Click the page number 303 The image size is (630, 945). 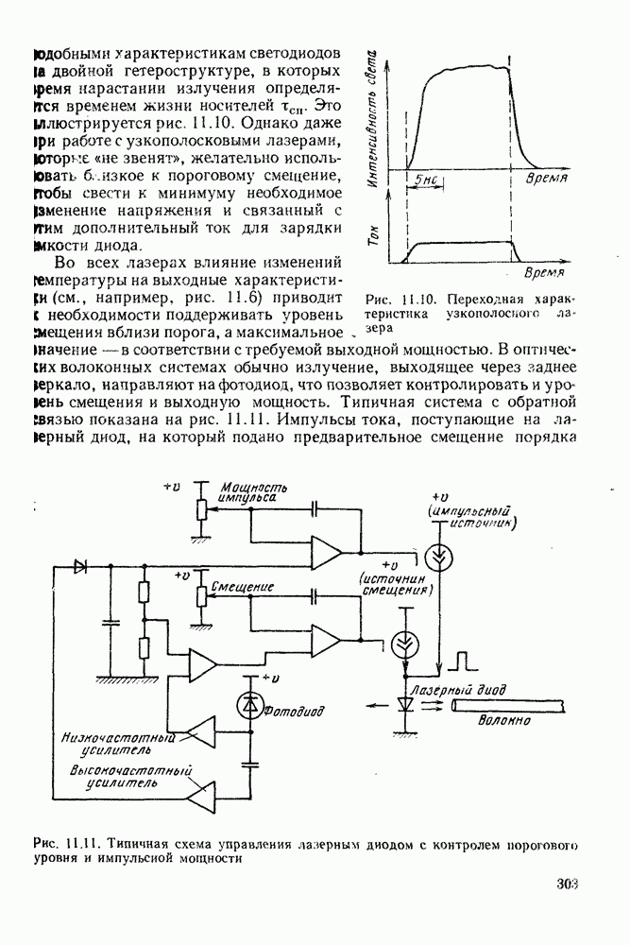coord(567,885)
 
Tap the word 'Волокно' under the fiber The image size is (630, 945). coord(503,720)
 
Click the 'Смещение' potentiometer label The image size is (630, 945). coord(243,586)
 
